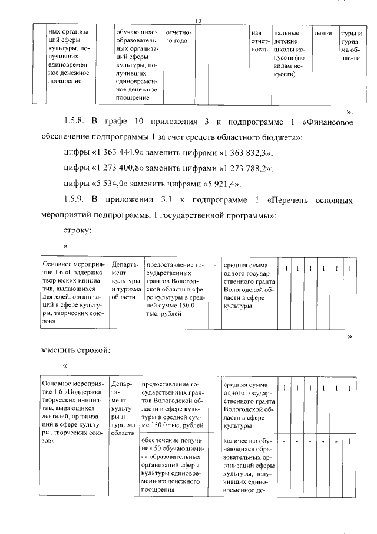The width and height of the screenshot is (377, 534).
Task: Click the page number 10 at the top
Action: pyautogui.click(x=199, y=22)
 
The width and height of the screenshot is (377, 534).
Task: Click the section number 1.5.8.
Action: pyautogui.click(x=75, y=122)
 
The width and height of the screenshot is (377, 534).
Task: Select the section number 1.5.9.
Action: pyautogui.click(x=75, y=200)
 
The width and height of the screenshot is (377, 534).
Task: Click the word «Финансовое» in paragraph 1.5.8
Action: pyautogui.click(x=327, y=122)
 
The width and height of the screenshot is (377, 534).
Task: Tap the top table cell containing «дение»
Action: pyautogui.click(x=323, y=34)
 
